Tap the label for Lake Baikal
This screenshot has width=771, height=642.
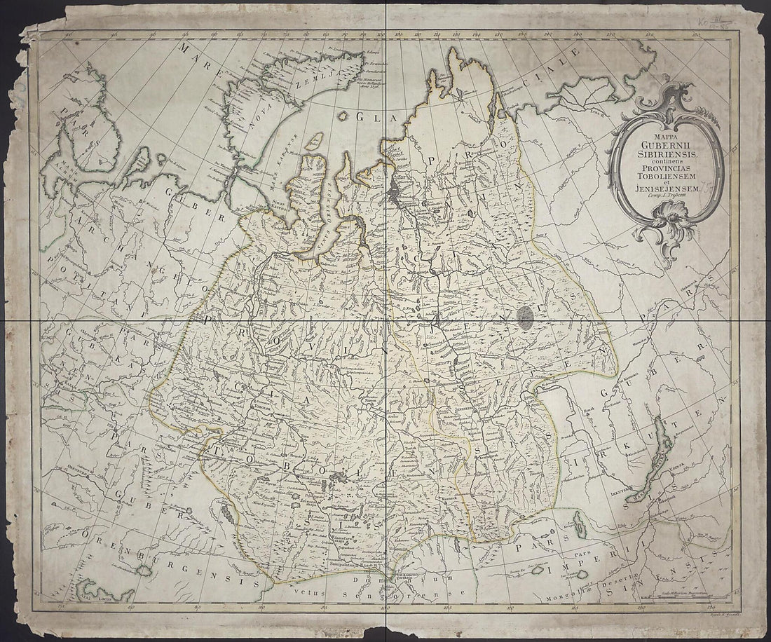pyautogui.click(x=662, y=449)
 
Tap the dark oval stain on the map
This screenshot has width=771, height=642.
pyautogui.click(x=526, y=317)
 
